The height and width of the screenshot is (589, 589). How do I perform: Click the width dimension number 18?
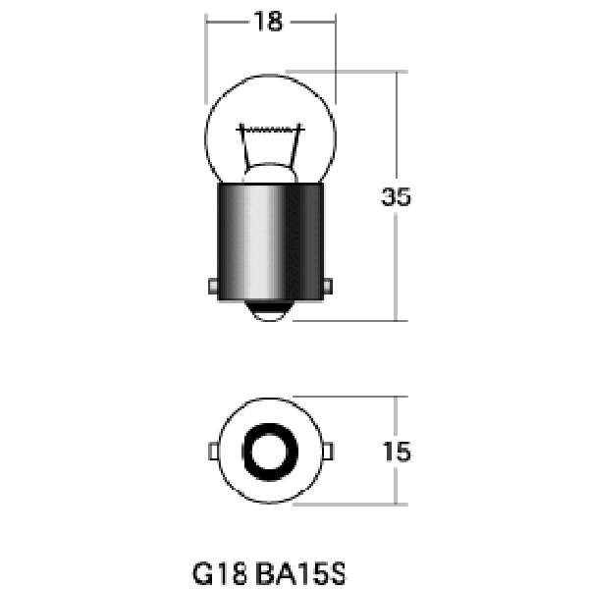point(268,22)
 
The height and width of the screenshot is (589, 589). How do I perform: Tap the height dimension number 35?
point(396,196)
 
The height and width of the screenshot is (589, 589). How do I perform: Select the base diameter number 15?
point(397,452)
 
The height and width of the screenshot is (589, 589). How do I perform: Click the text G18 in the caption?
point(220,573)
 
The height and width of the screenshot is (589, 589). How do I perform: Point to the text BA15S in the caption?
point(300,573)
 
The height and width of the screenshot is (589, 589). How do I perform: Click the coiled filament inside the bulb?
point(270,130)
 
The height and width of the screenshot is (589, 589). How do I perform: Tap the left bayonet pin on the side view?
point(213,287)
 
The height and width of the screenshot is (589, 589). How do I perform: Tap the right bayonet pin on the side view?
point(328,287)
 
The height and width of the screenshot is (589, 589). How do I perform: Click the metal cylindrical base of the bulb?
point(271,241)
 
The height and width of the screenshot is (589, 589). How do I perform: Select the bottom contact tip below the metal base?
point(270,310)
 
